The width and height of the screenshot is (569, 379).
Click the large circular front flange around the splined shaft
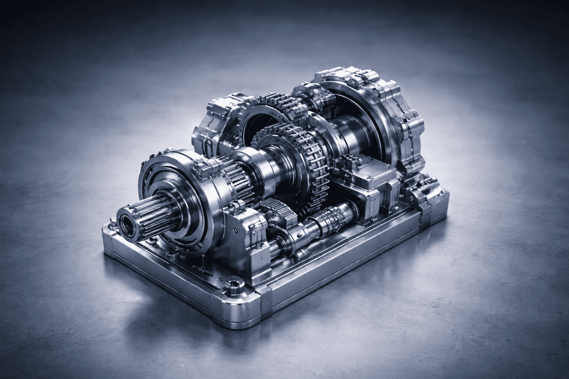pyautogui.click(x=174, y=200)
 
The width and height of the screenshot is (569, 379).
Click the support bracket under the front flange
pyautogui.click(x=237, y=237)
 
